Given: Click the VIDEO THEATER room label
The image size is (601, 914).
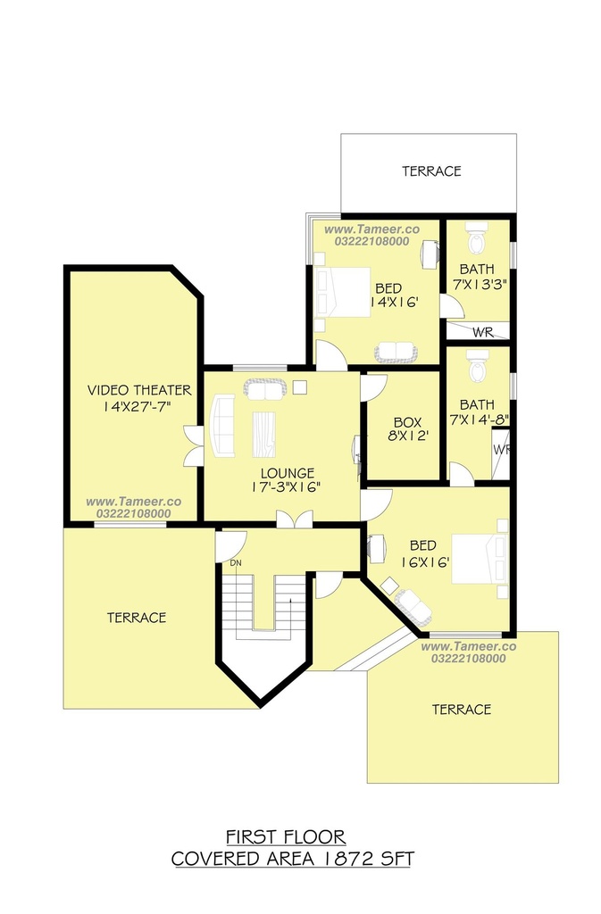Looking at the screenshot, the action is [139, 390].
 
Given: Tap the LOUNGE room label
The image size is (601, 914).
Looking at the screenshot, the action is [288, 473].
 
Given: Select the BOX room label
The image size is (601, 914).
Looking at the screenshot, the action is [407, 422].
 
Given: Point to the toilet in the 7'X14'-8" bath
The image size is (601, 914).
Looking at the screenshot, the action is [478, 366].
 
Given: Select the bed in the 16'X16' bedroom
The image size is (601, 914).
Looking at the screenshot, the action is [480, 559].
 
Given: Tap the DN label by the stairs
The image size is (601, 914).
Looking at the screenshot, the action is [236, 563].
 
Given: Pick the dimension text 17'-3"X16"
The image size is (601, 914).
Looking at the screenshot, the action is [287, 487].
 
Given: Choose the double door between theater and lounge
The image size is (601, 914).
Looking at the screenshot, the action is [194, 446].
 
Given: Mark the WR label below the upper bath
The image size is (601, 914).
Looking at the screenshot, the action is [482, 332].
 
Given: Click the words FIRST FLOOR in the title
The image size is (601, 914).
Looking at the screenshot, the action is [286, 837].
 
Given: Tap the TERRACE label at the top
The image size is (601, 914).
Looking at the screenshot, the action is [431, 170].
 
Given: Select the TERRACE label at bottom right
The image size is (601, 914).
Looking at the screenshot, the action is [462, 710].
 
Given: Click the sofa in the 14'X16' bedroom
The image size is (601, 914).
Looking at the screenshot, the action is [396, 352].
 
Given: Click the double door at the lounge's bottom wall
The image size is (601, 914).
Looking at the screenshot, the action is [295, 519].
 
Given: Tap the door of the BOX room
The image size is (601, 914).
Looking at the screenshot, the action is [373, 386].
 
